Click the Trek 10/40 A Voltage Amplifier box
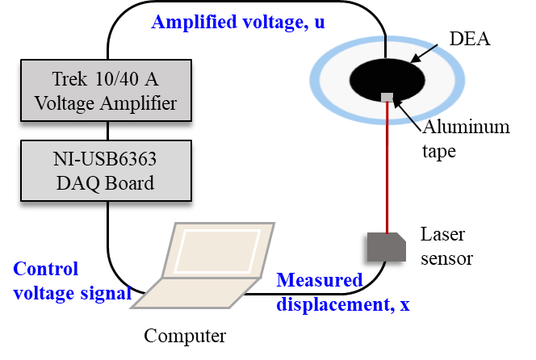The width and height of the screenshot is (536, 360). (x=106, y=90)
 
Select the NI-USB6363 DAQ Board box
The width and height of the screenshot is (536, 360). (x=106, y=170)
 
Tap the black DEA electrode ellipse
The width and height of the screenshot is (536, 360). (x=387, y=80)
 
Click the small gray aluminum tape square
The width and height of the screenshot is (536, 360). (x=387, y=98)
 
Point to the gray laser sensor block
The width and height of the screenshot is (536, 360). (x=387, y=247)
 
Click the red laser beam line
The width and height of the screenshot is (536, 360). (x=387, y=167)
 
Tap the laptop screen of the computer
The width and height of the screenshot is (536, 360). (x=218, y=250)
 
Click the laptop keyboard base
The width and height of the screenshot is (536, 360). (x=195, y=293)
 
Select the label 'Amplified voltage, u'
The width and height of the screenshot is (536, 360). (x=238, y=22)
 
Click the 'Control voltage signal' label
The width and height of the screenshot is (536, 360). (x=72, y=281)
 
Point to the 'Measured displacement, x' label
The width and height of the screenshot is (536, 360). (x=343, y=291)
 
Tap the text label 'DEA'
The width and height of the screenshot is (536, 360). (x=470, y=38)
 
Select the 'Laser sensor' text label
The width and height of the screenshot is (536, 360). (x=446, y=246)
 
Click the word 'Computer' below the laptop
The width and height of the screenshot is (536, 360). (x=185, y=336)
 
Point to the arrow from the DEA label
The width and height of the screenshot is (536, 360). (x=424, y=53)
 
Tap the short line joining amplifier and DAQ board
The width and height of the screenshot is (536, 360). (x=107, y=131)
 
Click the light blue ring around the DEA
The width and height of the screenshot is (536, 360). (x=387, y=38)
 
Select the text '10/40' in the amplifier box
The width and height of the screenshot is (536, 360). (x=117, y=79)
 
